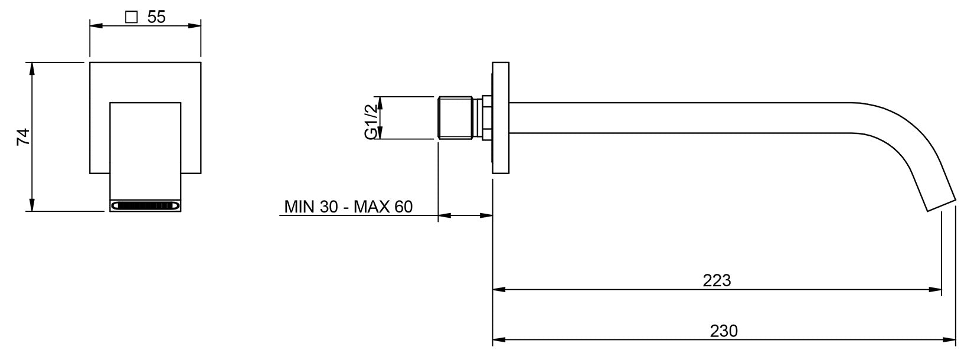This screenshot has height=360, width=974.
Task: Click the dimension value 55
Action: (156, 17)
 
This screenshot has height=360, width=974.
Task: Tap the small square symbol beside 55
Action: (131, 17)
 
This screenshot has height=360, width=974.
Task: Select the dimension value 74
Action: (23, 136)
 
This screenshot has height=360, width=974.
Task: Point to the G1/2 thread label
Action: (371, 122)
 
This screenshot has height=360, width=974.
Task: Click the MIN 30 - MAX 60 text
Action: (348, 207)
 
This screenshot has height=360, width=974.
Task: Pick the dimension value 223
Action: (717, 280)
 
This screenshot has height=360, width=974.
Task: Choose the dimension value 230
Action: (724, 331)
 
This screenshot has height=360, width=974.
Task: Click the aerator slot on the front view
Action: (145, 205)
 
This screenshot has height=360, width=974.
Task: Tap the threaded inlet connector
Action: (455, 118)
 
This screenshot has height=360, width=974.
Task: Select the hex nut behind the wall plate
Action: (487, 118)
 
